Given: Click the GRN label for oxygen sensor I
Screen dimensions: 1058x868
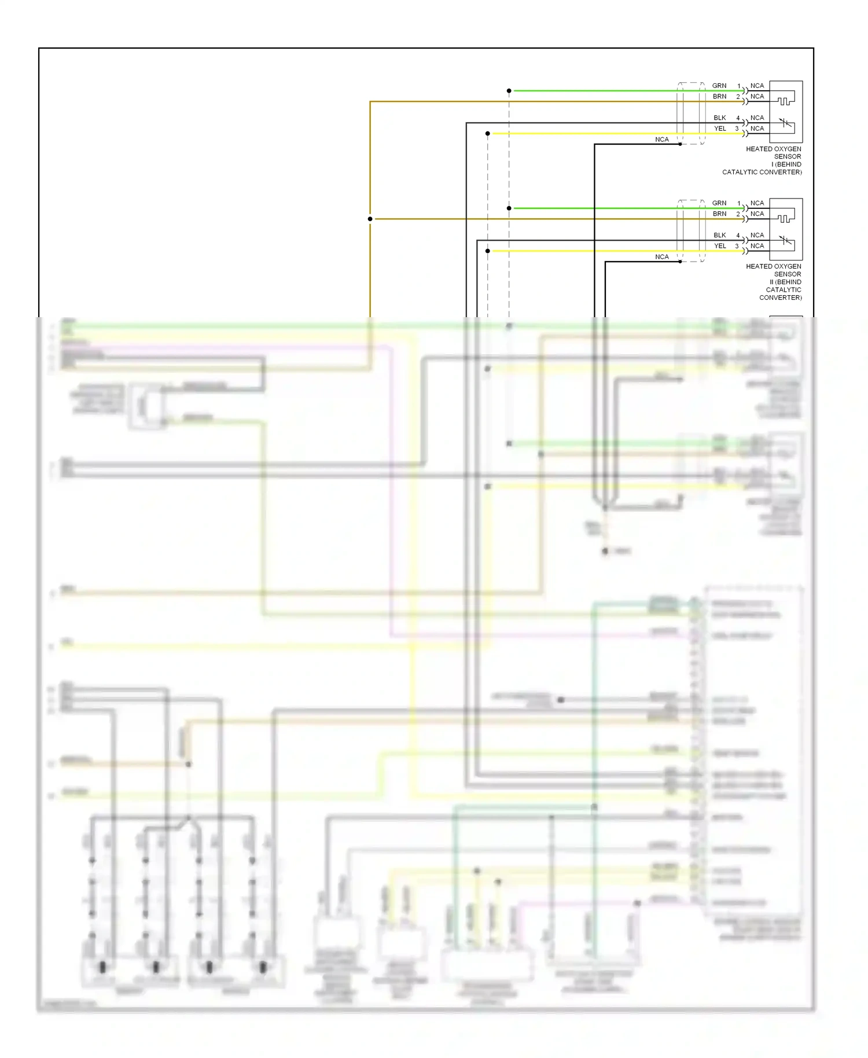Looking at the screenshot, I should click(x=719, y=86).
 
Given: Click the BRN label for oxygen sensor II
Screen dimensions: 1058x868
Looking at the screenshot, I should click(x=719, y=214).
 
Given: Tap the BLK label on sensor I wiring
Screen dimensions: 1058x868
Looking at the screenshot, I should click(x=719, y=118).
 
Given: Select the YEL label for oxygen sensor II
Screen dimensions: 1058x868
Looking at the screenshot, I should click(x=719, y=246).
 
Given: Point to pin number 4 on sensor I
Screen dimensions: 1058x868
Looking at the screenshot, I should click(x=738, y=118).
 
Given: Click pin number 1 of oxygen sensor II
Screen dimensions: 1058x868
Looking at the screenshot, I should click(x=738, y=203).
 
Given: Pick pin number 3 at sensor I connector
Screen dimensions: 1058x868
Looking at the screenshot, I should click(x=737, y=128).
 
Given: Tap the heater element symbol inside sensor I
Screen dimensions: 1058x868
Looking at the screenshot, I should click(x=785, y=101).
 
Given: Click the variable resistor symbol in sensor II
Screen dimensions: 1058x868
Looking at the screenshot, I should click(x=785, y=240).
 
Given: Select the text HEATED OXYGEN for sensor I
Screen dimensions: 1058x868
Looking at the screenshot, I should click(x=773, y=149).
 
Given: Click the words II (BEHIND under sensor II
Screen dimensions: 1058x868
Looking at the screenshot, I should click(x=785, y=282).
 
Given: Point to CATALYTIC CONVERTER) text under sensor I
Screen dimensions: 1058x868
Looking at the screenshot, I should click(x=762, y=172).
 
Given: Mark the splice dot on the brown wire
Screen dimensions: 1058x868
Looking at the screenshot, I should click(x=370, y=219).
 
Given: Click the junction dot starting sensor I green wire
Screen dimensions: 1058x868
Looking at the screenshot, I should click(x=509, y=91).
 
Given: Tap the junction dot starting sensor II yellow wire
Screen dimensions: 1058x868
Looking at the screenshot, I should click(x=488, y=251).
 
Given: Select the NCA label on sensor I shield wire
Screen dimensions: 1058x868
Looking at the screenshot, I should click(x=661, y=139).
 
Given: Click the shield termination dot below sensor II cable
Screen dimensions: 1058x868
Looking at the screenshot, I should click(x=680, y=262).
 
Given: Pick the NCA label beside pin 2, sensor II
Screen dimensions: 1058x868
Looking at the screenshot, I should click(x=757, y=214).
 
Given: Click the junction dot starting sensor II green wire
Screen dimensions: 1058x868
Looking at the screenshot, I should click(x=509, y=208).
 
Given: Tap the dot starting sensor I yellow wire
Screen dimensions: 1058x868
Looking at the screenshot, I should click(x=488, y=134).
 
